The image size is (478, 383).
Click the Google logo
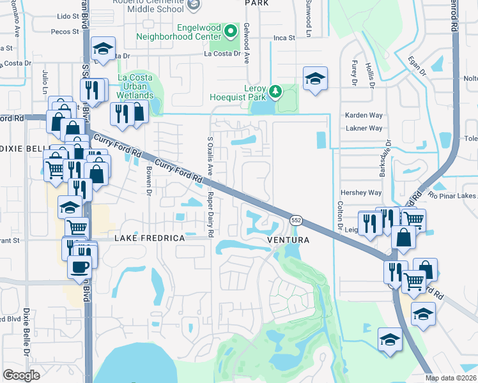tap(21, 375)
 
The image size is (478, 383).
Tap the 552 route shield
tap(296, 220)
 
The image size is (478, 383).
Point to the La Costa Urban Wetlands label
tap(135, 87)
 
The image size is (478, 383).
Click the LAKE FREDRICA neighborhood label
tap(149, 238)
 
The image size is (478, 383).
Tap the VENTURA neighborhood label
tap(288, 240)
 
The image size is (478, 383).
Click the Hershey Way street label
tap(362, 192)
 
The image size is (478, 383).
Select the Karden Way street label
tap(363, 115)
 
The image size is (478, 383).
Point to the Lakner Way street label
tap(363, 128)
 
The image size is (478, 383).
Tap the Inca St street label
tap(283, 38)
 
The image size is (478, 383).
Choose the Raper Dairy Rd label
tap(210, 212)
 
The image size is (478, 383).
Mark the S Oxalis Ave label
tap(210, 157)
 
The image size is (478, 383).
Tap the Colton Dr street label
tap(339, 218)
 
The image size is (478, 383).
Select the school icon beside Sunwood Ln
tap(314, 79)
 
